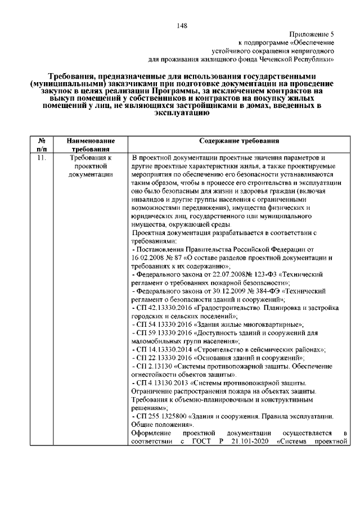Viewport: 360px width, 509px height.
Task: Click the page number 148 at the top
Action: (180, 25)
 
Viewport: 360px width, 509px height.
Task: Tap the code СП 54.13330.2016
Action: (165, 325)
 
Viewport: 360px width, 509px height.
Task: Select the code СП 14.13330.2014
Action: (165, 349)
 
